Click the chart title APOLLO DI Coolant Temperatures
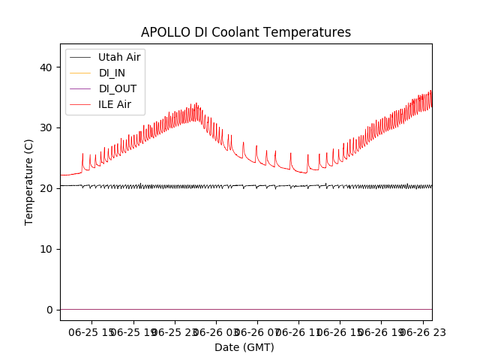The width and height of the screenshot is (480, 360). point(246,32)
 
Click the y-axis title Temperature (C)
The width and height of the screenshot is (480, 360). point(29,181)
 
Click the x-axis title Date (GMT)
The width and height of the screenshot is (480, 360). point(244,347)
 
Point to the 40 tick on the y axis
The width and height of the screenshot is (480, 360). point(46,67)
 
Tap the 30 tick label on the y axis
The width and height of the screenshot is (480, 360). point(46,127)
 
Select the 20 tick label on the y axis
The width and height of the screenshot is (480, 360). point(46,188)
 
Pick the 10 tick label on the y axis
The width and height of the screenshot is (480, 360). point(46,249)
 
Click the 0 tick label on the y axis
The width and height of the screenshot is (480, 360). point(49,310)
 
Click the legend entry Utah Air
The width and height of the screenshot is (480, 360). point(118,57)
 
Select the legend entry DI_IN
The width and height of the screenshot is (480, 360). point(113,73)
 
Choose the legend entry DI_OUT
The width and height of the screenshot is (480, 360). point(117,88)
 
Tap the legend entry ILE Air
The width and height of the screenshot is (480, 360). point(115,104)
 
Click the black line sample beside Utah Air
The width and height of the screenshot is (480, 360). point(79,57)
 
